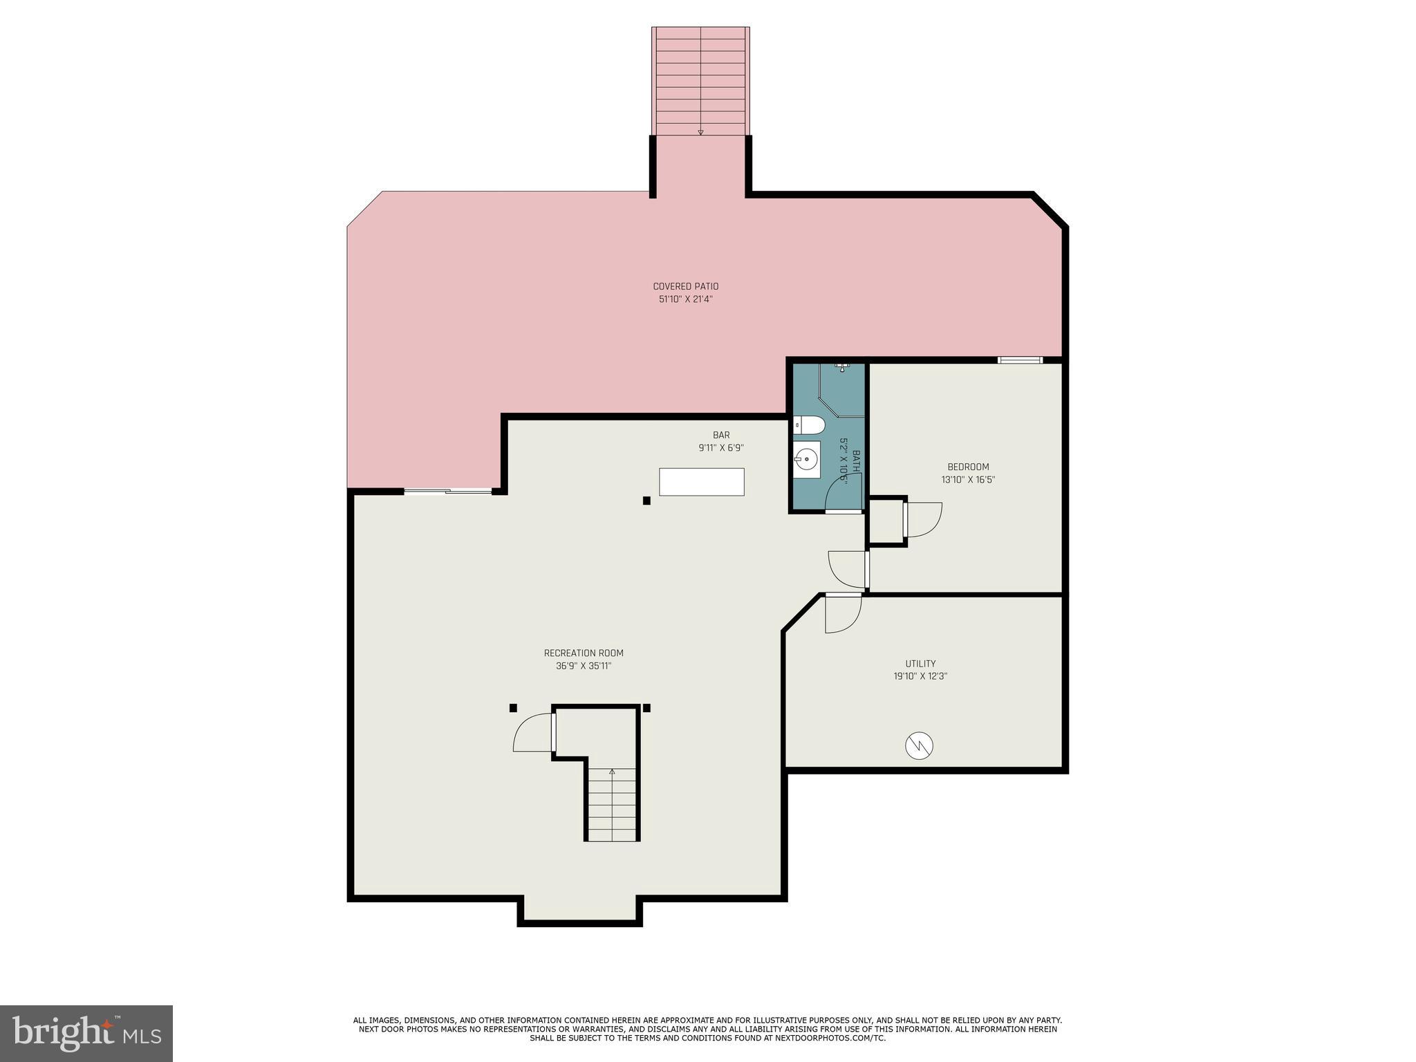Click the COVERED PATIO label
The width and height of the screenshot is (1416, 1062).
[685, 286]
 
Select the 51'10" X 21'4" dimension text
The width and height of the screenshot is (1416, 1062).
[685, 299]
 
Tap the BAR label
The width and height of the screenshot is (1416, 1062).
[721, 435]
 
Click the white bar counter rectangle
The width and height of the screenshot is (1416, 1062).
[701, 482]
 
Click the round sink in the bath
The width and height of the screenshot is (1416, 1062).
[806, 458]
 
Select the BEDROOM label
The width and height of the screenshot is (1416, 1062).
[968, 467]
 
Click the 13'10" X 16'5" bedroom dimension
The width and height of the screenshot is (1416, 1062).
[968, 480]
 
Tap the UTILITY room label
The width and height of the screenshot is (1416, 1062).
[920, 664]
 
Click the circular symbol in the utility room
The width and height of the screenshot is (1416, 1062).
[919, 745]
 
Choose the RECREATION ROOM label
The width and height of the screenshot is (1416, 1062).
[584, 653]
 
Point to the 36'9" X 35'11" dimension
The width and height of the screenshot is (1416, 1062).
[584, 667]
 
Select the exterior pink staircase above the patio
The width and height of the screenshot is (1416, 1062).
[700, 82]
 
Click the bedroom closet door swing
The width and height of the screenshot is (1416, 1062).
[923, 519]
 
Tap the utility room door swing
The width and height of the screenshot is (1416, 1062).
[843, 613]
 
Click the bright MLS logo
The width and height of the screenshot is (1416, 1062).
[86, 1033]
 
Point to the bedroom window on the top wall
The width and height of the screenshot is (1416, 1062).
[1020, 360]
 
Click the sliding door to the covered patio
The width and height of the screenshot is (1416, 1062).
[448, 492]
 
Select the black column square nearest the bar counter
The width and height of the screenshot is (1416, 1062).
[646, 501]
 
